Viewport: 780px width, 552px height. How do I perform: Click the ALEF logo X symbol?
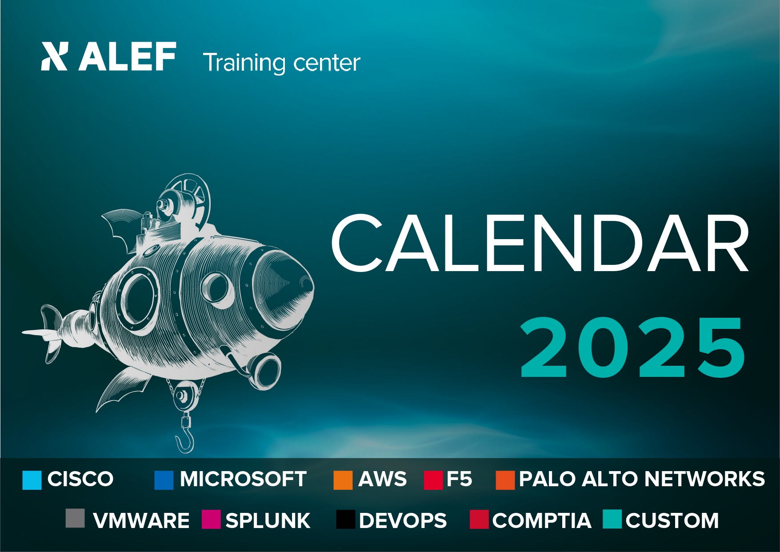point(54,56)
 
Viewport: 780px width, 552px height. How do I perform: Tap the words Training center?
point(281,63)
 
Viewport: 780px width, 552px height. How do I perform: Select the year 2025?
point(633,347)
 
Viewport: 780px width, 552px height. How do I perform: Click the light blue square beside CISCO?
point(32,480)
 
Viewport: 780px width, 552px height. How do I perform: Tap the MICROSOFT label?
point(243,479)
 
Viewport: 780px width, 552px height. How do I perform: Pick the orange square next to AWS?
point(343,480)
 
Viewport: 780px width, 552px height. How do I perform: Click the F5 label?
point(459,479)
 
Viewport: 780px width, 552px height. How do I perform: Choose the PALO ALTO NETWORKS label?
point(642,479)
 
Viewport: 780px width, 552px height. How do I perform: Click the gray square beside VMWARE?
point(75,518)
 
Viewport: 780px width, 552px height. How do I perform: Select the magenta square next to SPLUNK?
point(211,519)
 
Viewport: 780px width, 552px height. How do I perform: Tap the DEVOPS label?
point(403,520)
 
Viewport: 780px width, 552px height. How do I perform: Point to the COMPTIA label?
point(542,520)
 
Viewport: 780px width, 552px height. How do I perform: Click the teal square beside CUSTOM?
point(612,519)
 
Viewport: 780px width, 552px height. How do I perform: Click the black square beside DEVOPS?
point(345,519)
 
